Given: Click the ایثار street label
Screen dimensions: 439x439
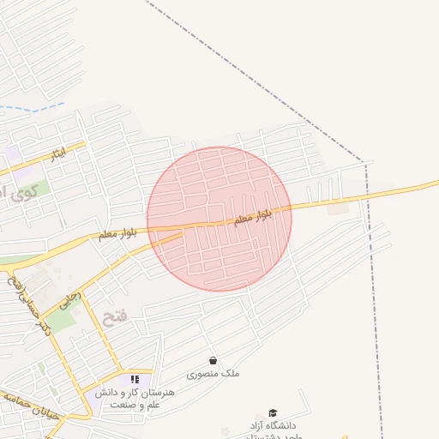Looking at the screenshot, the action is [x=57, y=155].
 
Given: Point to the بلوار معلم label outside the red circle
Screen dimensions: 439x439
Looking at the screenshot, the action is [x=117, y=232].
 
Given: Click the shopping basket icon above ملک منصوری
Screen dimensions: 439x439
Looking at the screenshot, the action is [x=213, y=361].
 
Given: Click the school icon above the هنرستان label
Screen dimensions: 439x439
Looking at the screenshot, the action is [x=134, y=379].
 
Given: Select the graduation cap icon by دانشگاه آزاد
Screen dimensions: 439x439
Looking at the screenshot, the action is [x=273, y=412].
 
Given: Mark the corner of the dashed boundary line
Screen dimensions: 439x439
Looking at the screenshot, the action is [x=368, y=162].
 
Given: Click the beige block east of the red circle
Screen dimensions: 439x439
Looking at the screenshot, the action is [x=339, y=208].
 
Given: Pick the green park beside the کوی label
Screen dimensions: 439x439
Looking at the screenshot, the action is [x=39, y=183].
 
